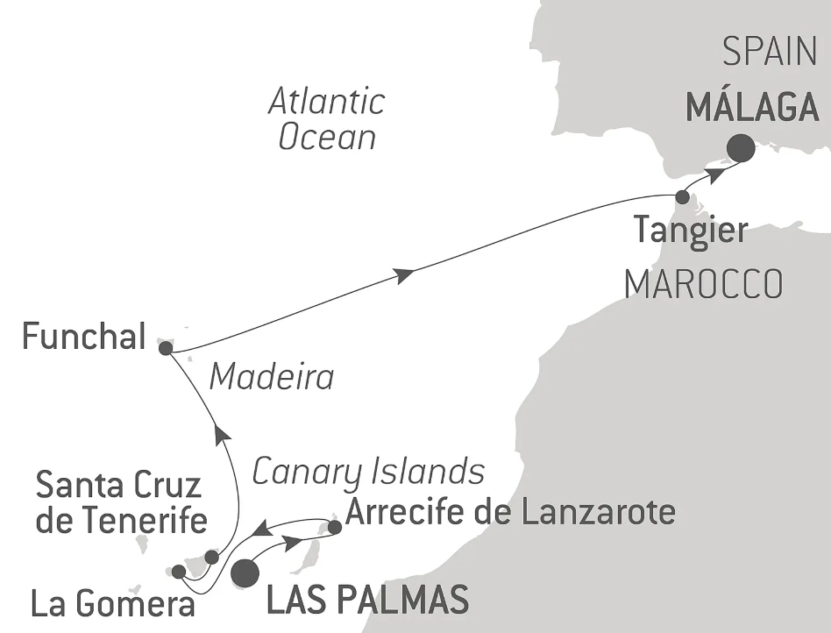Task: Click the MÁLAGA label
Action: (x=752, y=108)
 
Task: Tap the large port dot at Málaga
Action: (x=742, y=147)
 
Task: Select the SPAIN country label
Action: (x=771, y=53)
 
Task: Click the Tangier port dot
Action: (x=682, y=196)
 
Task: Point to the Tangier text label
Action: (x=691, y=231)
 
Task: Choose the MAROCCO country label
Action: (x=703, y=283)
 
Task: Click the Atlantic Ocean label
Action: (x=327, y=119)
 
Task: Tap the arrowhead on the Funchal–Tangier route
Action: (x=404, y=275)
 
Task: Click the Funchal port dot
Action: (x=166, y=348)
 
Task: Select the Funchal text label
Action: (x=83, y=337)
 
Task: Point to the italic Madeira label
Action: (x=272, y=377)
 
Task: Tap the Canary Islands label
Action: (x=368, y=472)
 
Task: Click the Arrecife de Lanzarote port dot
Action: (x=334, y=527)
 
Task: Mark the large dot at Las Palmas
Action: (x=245, y=573)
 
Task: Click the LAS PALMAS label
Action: (x=366, y=601)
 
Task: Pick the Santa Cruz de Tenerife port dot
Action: (x=211, y=557)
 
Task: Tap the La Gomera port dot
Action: (x=179, y=572)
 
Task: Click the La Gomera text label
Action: (x=112, y=604)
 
